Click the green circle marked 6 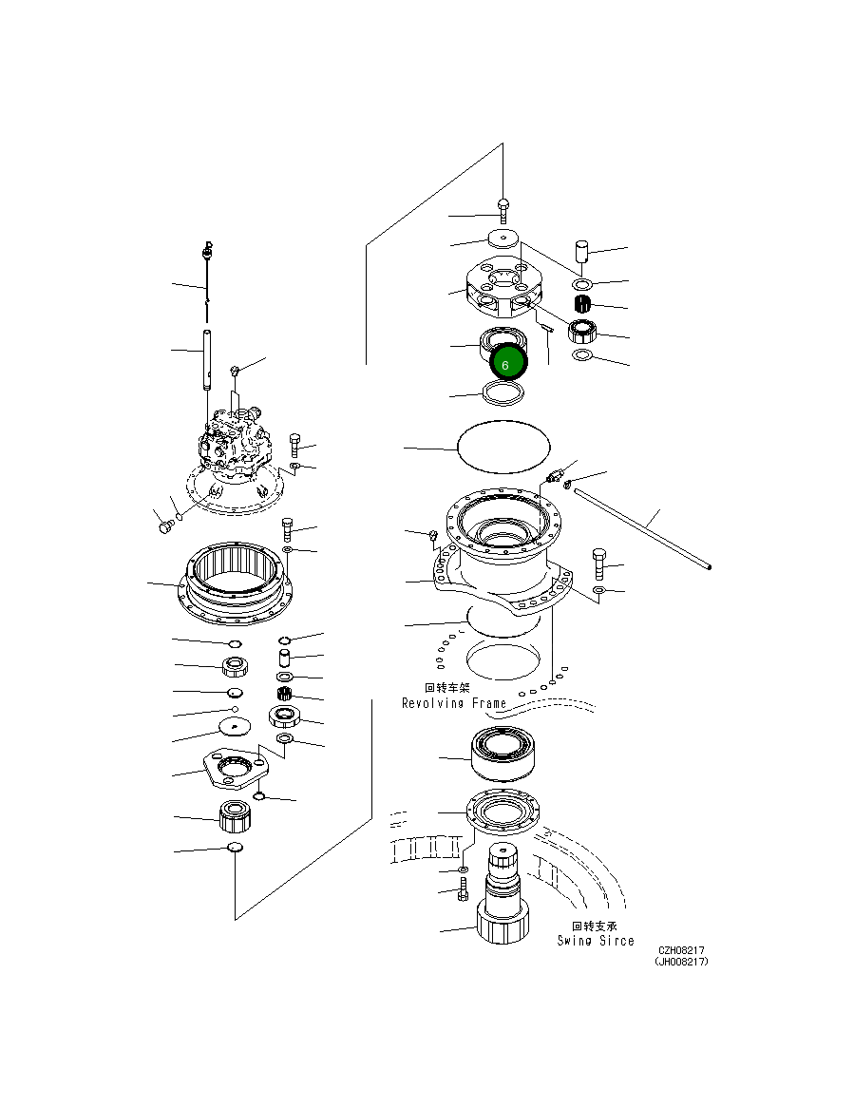point(506,364)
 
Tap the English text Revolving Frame point(453,703)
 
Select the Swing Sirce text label point(595,941)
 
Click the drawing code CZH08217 point(682,949)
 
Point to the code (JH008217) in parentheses point(680,961)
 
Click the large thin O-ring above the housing point(503,445)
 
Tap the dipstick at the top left point(206,276)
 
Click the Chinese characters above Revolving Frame point(447,688)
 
